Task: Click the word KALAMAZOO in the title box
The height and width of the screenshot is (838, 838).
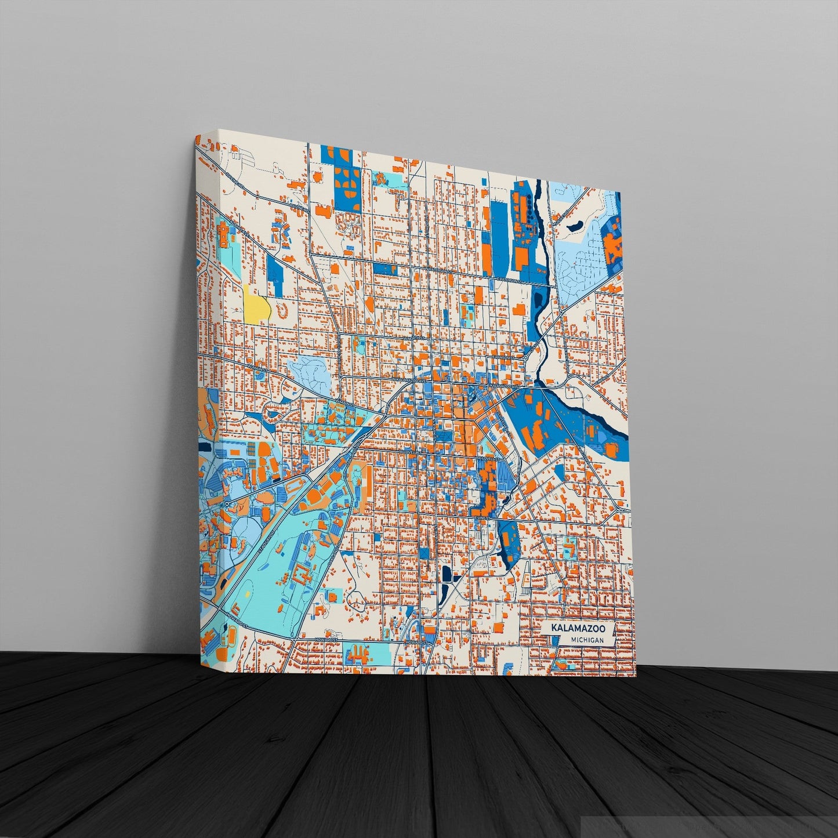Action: tap(578, 628)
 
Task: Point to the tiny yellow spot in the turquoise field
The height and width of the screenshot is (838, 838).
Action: tap(248, 595)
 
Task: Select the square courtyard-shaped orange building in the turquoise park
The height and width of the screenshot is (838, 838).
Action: tap(301, 576)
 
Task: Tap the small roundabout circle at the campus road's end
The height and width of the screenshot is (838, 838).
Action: tap(227, 504)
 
